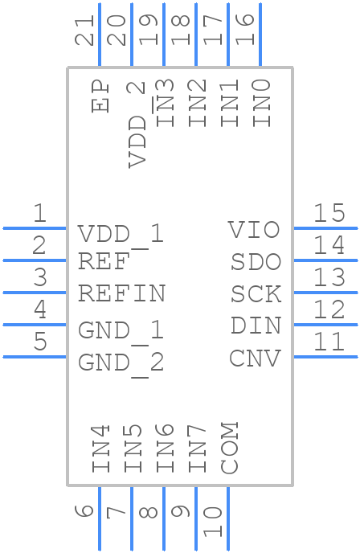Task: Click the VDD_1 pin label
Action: click(x=121, y=234)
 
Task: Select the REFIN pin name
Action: click(x=121, y=293)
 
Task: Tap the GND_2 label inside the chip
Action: click(x=121, y=363)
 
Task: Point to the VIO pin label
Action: click(x=254, y=230)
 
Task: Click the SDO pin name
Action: click(x=256, y=262)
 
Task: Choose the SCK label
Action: click(x=256, y=294)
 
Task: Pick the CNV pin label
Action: click(x=255, y=358)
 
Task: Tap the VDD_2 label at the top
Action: click(x=137, y=124)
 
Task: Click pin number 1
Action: click(x=39, y=214)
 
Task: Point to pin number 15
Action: click(x=329, y=213)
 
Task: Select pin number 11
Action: click(x=329, y=342)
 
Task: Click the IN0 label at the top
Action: click(x=261, y=103)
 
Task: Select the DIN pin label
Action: click(x=256, y=326)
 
